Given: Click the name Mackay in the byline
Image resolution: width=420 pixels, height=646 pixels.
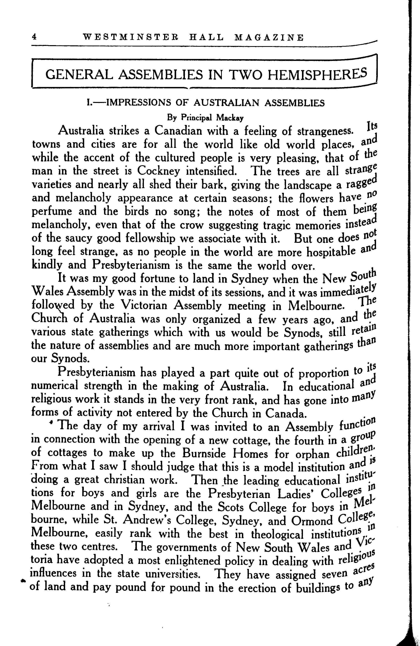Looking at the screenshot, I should pyautogui.click(x=230, y=118).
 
